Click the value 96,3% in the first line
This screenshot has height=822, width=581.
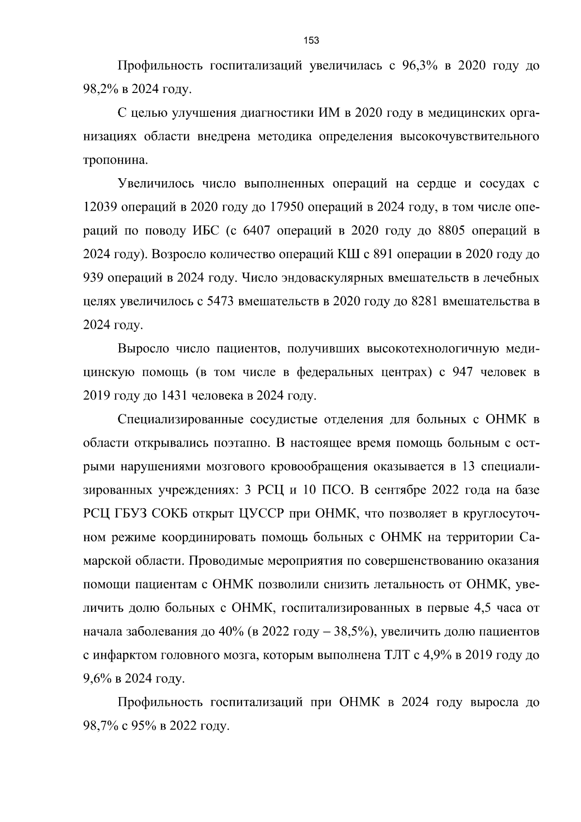(420, 66)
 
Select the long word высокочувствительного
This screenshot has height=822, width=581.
(468, 137)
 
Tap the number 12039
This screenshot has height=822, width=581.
(99, 207)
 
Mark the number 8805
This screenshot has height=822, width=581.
(451, 231)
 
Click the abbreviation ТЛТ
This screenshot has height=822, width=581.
(396, 655)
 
